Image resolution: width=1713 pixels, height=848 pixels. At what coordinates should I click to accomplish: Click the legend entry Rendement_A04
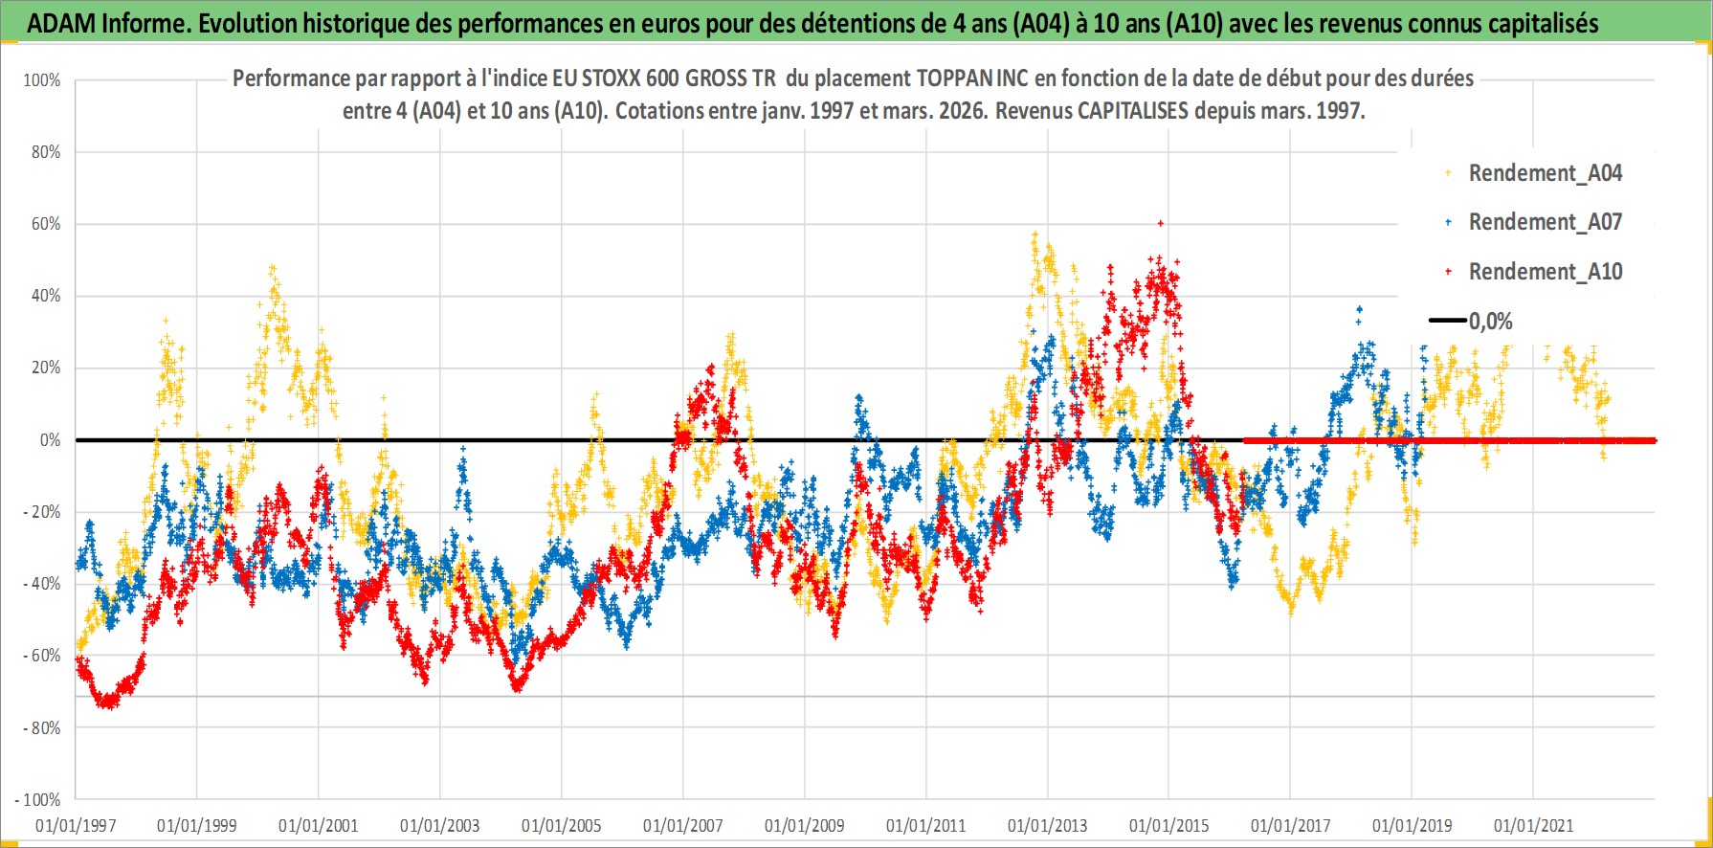click(1545, 173)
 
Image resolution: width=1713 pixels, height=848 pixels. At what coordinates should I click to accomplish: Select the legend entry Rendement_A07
click(1545, 222)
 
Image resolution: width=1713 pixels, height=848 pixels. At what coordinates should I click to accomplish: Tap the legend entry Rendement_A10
click(1545, 272)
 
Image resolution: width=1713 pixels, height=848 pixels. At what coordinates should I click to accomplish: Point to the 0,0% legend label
click(1490, 322)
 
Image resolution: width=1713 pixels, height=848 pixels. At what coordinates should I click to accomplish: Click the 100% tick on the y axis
click(42, 80)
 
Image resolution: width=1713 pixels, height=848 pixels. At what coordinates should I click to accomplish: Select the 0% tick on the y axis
click(50, 440)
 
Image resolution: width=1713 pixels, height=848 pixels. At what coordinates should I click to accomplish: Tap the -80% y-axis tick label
click(42, 727)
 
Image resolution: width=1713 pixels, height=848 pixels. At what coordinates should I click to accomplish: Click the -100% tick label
click(38, 799)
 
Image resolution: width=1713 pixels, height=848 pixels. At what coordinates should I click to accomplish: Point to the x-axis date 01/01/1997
click(76, 825)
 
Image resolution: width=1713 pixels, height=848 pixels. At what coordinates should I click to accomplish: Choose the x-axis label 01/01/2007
click(683, 825)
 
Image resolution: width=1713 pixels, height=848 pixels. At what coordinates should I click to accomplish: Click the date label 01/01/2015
click(1169, 825)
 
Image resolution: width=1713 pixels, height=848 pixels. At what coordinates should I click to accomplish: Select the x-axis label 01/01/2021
click(1533, 825)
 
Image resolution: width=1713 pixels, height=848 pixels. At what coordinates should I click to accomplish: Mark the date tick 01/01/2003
click(440, 825)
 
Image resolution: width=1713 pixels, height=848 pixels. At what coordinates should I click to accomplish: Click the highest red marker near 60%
click(1161, 223)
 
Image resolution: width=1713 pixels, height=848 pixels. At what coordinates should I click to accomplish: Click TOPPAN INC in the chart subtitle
click(971, 78)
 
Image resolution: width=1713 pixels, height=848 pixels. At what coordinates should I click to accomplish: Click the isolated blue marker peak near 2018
click(1359, 309)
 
